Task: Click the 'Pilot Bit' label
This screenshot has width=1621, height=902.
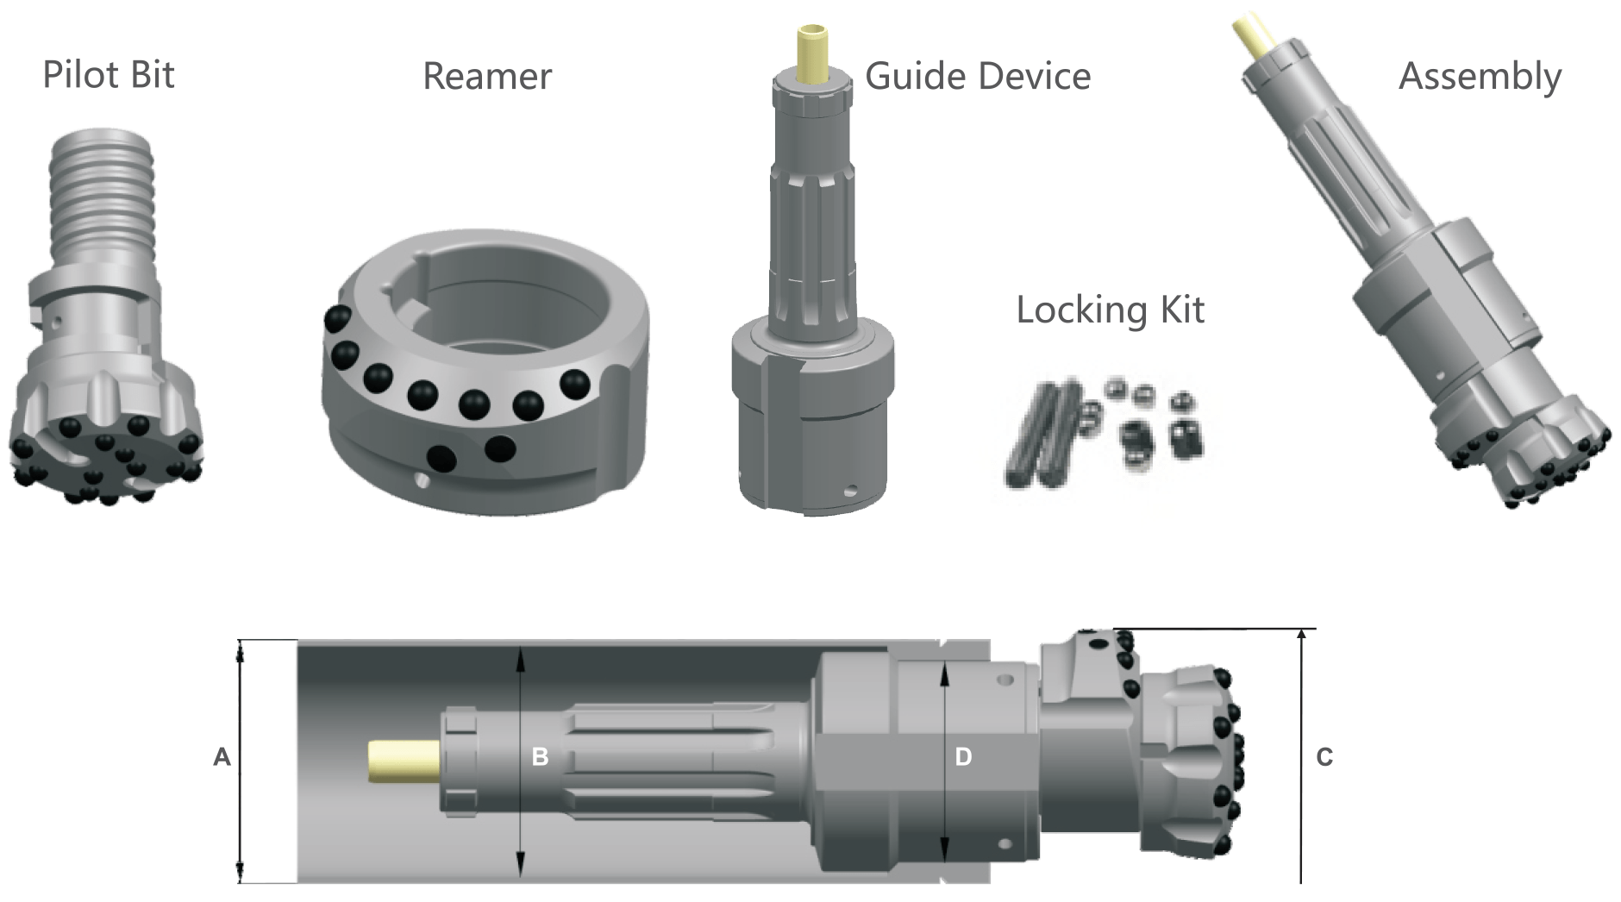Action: click(x=109, y=75)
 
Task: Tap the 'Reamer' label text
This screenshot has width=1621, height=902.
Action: click(x=486, y=77)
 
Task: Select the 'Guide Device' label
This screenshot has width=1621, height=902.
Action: click(x=978, y=77)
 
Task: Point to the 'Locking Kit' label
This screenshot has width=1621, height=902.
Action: click(x=1110, y=310)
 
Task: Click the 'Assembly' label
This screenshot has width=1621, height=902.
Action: click(x=1480, y=77)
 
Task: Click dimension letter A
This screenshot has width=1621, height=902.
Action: click(x=222, y=757)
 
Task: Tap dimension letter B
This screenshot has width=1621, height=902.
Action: click(x=540, y=757)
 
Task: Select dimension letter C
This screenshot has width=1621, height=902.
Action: click(x=1324, y=757)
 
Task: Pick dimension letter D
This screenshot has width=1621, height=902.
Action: click(x=963, y=757)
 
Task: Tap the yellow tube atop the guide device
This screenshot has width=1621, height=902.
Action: click(x=814, y=56)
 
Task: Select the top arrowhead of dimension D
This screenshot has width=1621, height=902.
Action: click(x=945, y=671)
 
